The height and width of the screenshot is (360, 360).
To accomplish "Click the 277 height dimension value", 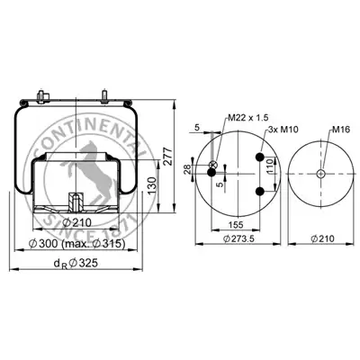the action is coord(168,156).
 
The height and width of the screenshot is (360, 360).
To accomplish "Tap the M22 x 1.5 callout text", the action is coord(247,118).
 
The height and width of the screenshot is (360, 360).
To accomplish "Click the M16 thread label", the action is coord(341,130).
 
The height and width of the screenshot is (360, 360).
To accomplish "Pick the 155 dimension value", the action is coord(236,224).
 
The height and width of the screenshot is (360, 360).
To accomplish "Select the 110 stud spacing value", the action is coord(270,166).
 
